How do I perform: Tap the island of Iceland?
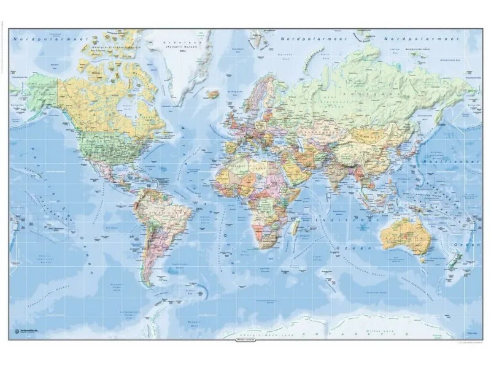[x=213, y=94]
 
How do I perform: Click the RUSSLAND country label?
[x=362, y=92]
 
